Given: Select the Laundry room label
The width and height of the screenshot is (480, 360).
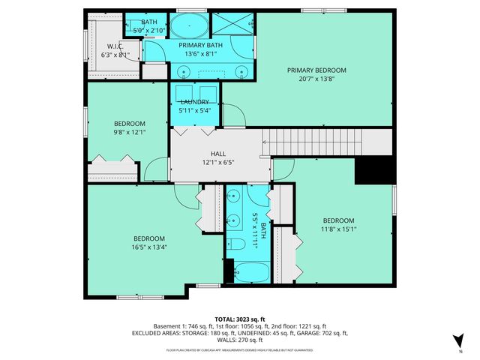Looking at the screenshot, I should click(194, 102).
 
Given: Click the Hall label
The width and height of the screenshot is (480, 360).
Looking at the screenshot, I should click(197, 153).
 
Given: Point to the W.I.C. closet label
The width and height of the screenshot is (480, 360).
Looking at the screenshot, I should click(115, 46).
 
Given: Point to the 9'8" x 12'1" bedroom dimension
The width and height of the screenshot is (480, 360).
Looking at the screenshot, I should click(129, 133).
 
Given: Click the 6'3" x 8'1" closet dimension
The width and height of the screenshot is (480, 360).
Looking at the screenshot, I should click(115, 55).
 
